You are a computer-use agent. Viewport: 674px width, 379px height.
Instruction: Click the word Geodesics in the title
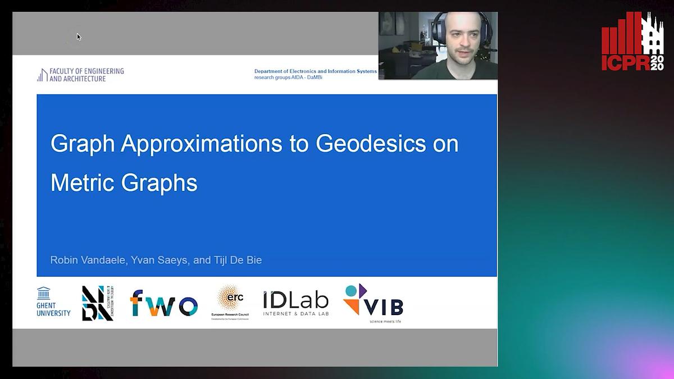tap(371, 144)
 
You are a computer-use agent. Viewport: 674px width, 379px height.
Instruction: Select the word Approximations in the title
tap(201, 144)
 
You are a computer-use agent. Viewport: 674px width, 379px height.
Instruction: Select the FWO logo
tap(163, 303)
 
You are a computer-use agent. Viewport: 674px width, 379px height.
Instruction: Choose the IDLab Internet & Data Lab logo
tap(295, 303)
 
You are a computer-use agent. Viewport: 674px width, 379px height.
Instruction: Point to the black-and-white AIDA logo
tap(98, 303)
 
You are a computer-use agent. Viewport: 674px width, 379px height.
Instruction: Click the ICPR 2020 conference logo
tap(632, 42)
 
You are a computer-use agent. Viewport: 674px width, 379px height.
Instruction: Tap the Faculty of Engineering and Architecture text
tap(81, 75)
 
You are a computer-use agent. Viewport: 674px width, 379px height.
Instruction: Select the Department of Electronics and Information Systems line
tap(315, 71)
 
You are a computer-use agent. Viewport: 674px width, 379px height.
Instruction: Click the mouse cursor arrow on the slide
tap(79, 36)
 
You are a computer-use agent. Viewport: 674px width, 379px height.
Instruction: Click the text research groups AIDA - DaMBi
tap(288, 77)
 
